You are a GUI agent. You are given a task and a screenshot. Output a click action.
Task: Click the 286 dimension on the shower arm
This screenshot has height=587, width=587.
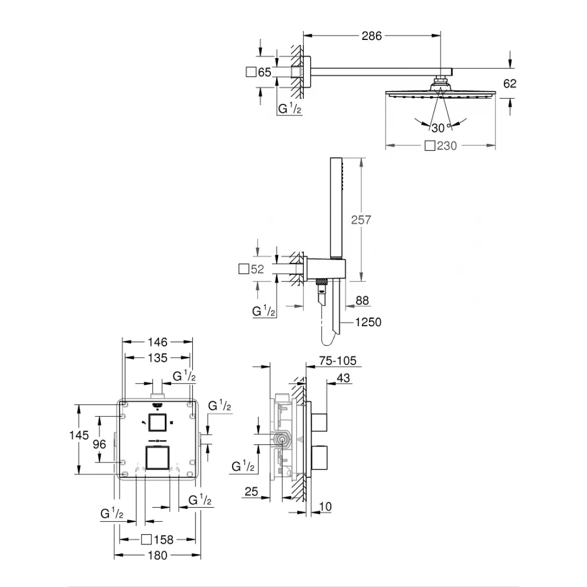(372, 36)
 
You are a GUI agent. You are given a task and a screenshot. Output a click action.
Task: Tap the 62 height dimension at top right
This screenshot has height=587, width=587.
(510, 83)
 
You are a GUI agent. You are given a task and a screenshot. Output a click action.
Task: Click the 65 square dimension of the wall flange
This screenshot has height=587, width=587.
(258, 72)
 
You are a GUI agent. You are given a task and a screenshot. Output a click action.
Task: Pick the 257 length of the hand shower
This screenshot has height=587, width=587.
(360, 220)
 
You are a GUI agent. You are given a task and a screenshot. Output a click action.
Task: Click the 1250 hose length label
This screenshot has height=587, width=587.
(368, 322)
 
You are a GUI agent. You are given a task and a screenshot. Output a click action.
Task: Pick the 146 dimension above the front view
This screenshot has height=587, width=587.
(157, 342)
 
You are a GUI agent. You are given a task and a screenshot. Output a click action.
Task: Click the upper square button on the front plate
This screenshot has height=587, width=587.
(157, 423)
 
